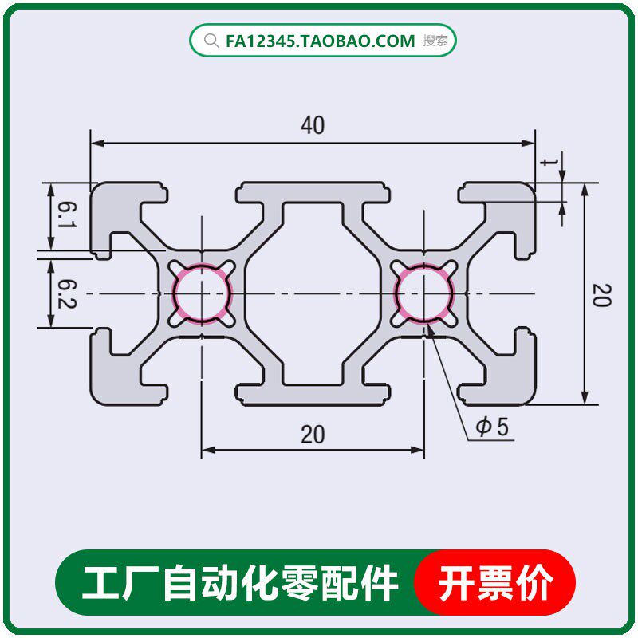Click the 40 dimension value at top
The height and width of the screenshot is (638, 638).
click(x=313, y=126)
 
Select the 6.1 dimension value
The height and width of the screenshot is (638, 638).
click(x=66, y=217)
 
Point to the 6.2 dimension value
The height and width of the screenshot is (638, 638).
click(x=66, y=293)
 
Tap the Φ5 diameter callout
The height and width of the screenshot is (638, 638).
click(x=492, y=427)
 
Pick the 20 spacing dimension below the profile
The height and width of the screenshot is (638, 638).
click(x=313, y=435)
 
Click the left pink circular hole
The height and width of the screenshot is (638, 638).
click(x=202, y=293)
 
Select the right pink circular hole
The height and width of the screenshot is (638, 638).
click(x=424, y=293)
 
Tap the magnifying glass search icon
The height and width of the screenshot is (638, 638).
click(x=211, y=41)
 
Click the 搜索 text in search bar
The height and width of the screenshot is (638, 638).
click(x=435, y=41)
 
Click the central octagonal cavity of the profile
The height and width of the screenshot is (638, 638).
click(x=313, y=293)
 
